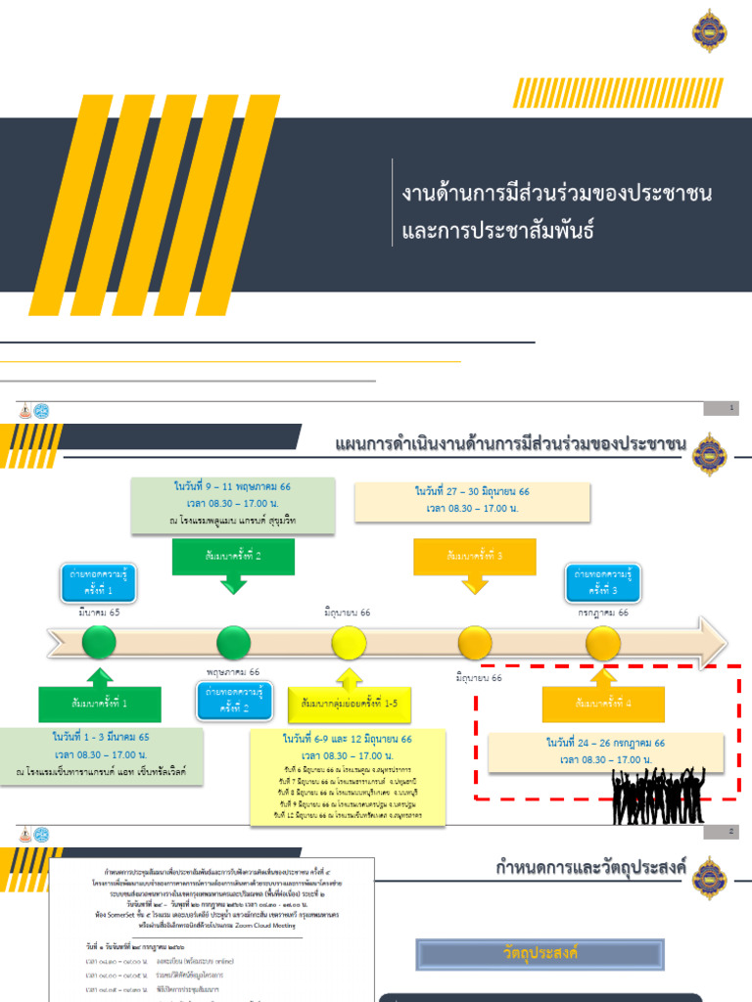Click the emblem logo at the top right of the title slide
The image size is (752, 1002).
(709, 30)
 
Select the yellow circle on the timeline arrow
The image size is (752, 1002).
(348, 643)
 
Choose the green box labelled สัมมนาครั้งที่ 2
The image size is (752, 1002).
(233, 556)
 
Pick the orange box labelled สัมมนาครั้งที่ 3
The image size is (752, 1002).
(475, 556)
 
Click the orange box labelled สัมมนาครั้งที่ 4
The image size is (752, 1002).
(603, 704)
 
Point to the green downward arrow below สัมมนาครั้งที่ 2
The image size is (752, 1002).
(233, 584)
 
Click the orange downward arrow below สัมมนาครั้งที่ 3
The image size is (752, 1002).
(475, 584)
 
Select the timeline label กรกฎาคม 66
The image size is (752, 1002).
(602, 613)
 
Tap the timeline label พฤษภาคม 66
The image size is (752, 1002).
(233, 672)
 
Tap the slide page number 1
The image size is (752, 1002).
(731, 408)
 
